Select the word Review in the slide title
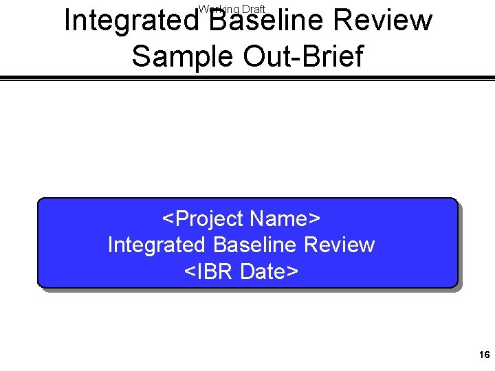tap(388, 21)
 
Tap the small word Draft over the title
tap(253, 9)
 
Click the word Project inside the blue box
tap(210, 219)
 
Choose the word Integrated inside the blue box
tap(156, 245)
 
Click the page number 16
tap(483, 355)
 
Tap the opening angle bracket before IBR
tap(189, 272)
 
